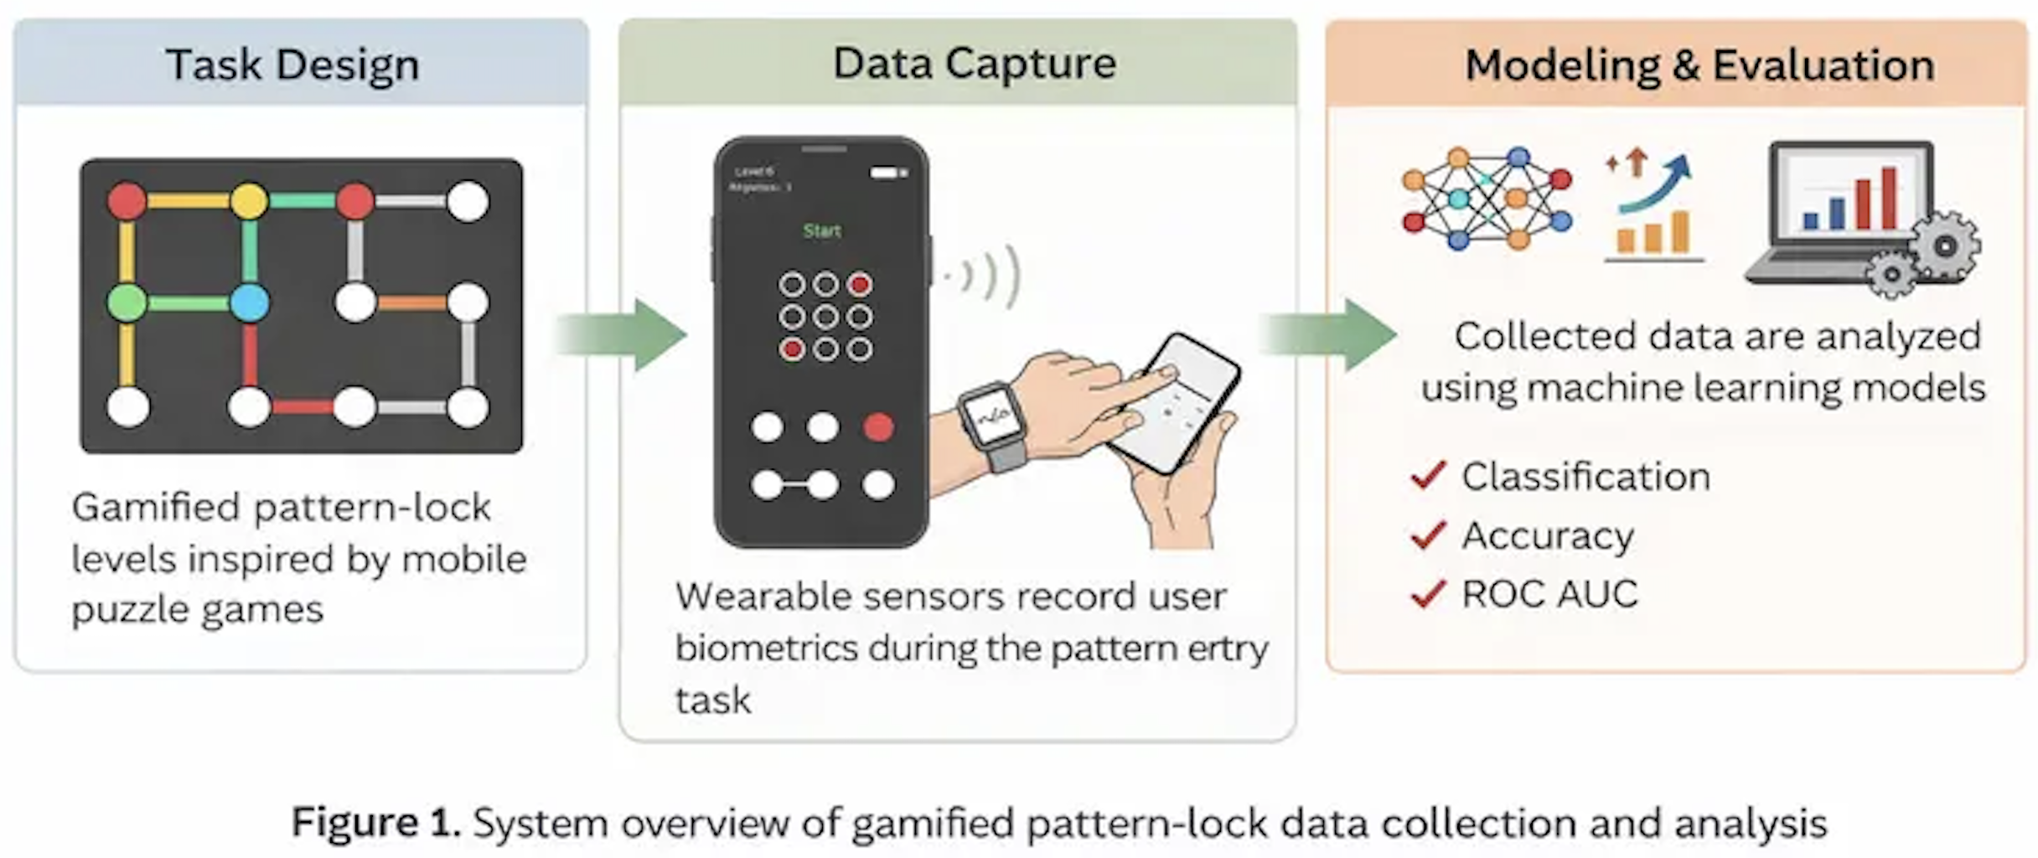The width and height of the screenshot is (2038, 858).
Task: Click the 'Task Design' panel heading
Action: point(292,65)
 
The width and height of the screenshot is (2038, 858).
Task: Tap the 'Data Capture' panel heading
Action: point(974,63)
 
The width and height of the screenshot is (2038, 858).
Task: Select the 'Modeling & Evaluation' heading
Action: point(1699,65)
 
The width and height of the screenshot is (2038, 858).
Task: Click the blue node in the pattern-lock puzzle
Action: point(249,302)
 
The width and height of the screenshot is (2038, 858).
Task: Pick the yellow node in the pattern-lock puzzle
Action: point(249,201)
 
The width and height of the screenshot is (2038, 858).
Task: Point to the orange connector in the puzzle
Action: point(411,302)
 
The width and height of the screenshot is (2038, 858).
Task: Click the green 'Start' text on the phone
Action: point(821,230)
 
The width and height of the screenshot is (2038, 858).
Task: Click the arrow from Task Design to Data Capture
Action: point(620,335)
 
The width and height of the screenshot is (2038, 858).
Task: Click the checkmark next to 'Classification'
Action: point(1428,476)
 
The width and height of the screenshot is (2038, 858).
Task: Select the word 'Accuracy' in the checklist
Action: point(1548,535)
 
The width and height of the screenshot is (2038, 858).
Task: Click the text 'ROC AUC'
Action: point(1549,594)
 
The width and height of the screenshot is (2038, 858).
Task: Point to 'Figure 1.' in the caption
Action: point(375,822)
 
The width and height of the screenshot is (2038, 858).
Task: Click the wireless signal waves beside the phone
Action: point(989,274)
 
